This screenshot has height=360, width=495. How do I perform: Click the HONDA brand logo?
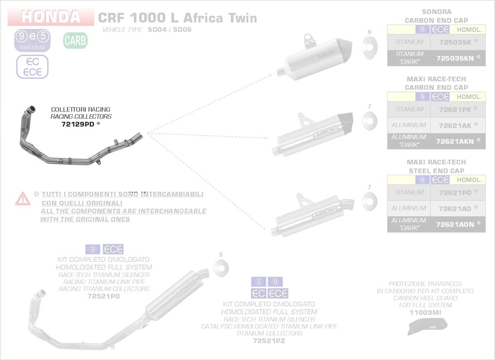[x=51, y=16]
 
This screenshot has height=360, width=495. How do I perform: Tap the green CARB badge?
[x=75, y=41]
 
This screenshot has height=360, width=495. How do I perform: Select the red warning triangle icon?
[x=23, y=199]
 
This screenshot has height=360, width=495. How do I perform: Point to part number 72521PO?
[x=104, y=296]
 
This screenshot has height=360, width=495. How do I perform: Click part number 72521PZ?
[x=269, y=341]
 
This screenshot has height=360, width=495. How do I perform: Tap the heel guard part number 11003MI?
[x=425, y=313]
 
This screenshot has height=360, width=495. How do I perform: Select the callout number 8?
[x=221, y=254]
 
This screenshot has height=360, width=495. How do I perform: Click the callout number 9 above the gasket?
[x=369, y=32]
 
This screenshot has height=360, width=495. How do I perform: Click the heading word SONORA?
[x=436, y=12]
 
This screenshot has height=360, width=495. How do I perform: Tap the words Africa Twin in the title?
[x=220, y=18]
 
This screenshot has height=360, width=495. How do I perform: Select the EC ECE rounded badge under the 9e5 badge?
[x=32, y=67]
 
